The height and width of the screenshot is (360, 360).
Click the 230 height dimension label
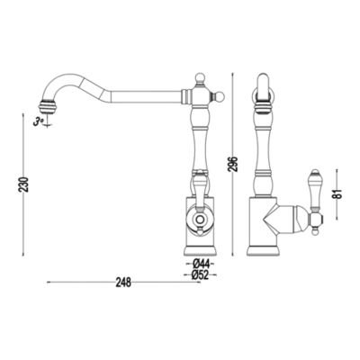pos(24,184)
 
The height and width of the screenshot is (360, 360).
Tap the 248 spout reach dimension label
pos(123,283)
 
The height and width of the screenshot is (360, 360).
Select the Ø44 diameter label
pos(201,265)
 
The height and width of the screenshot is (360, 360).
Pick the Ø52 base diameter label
pos(201,274)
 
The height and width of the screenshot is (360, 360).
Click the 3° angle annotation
pos(39,121)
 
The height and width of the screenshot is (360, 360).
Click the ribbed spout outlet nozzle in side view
pos(48,106)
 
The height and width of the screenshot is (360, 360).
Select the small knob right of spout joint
pos(220,96)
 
